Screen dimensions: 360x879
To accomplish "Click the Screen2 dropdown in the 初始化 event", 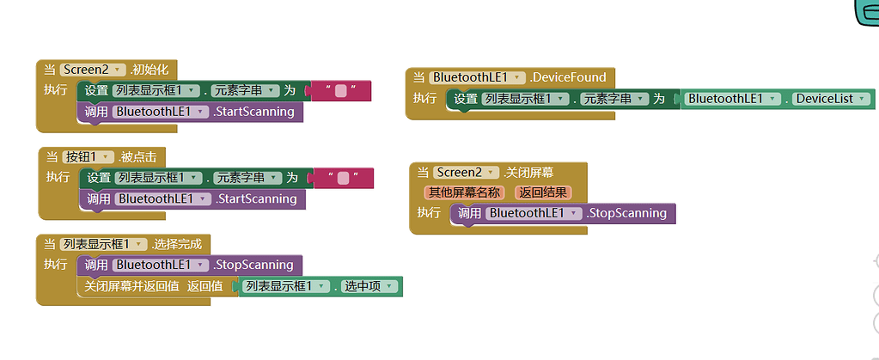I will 93,70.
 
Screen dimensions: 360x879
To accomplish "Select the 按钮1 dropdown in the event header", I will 88,156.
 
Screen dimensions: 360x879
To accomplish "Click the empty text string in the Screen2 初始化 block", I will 341,91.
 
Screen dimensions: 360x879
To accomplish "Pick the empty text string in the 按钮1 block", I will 344,178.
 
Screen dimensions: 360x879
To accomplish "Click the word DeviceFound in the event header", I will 569,77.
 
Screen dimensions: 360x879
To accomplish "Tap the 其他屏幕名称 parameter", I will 464,192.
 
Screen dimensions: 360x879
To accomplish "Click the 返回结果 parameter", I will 542,192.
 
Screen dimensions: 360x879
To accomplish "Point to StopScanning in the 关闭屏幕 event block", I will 626,213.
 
